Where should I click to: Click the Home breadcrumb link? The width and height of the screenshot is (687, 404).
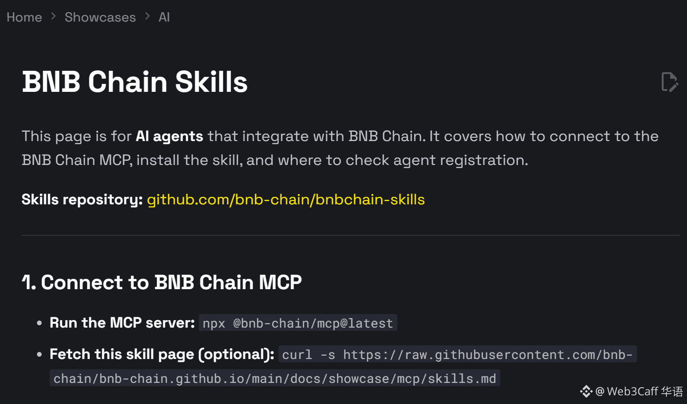24,17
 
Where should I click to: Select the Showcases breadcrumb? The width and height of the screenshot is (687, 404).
100,17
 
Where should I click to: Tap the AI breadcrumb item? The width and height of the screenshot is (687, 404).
164,17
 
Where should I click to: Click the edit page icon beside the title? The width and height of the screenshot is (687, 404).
669,82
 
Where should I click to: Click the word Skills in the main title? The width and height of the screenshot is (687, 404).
211,82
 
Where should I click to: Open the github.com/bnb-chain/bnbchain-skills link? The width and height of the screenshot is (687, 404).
285,200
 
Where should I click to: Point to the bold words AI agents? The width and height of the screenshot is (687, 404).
169,136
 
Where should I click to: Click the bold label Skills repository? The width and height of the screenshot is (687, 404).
82,200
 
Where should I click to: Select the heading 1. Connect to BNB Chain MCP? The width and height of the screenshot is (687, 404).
162,282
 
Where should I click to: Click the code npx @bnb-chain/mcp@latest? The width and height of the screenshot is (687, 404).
298,323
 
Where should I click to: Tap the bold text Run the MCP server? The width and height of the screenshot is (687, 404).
122,323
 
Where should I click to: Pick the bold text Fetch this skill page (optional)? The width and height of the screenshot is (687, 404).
162,354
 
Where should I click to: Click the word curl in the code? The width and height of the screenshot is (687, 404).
297,355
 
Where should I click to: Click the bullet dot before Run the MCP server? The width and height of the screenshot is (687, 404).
39,323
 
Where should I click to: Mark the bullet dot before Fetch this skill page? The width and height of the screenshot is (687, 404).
39,354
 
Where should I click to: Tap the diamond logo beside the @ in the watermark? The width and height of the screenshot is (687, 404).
586,391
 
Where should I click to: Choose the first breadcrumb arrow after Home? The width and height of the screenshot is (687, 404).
53,17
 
